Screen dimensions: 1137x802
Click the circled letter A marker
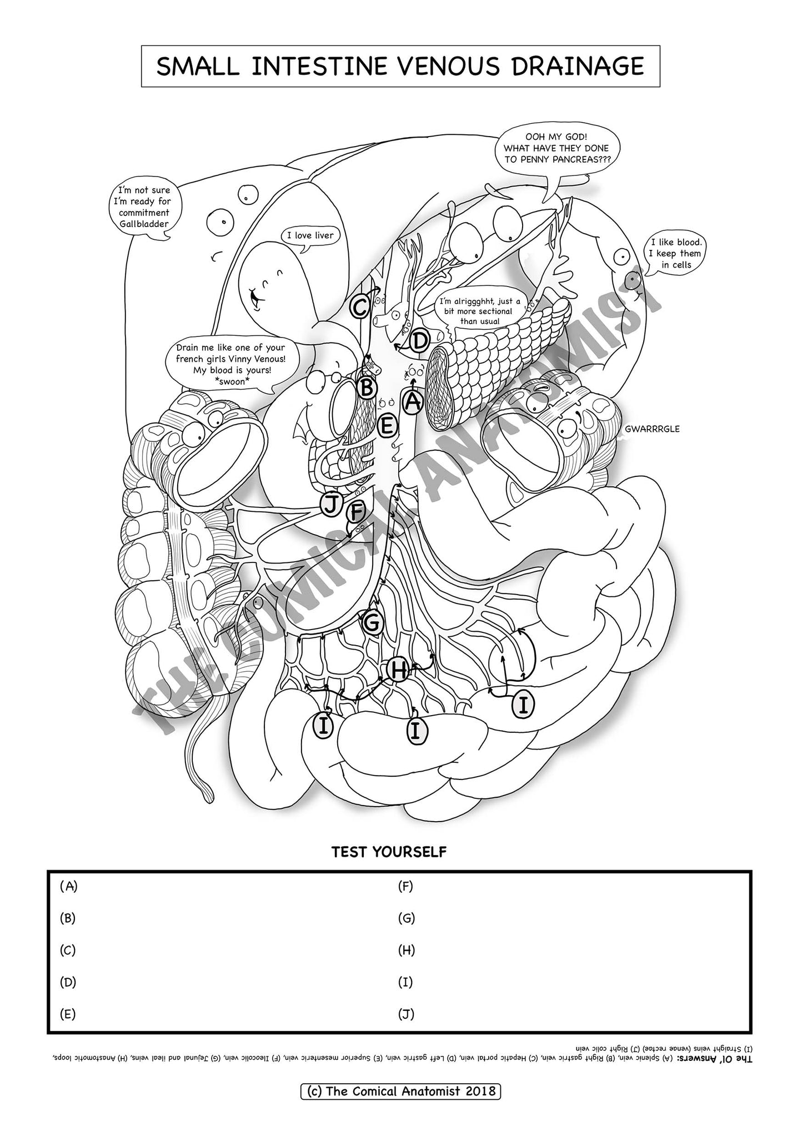(413, 401)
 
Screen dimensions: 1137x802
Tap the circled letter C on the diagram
(360, 306)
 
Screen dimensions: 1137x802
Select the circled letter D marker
(420, 340)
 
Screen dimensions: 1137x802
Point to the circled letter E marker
(387, 426)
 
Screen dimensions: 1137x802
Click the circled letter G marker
(372, 623)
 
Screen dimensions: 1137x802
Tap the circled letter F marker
(355, 512)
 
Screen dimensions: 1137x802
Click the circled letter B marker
(367, 388)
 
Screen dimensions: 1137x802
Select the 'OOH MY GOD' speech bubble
(556, 148)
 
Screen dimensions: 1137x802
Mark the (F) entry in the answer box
(405, 887)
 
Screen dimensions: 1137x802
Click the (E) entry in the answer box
(67, 1014)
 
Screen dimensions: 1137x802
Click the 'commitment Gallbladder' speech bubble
(143, 207)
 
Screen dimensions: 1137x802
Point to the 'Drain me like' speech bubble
(230, 364)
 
